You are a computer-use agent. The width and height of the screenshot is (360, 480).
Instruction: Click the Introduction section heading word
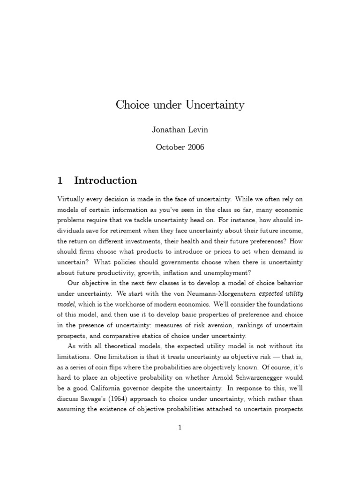tap(105, 180)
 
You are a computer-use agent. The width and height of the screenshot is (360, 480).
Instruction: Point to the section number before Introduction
tap(60, 180)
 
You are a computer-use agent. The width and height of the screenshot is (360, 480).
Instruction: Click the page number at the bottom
tap(180, 427)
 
